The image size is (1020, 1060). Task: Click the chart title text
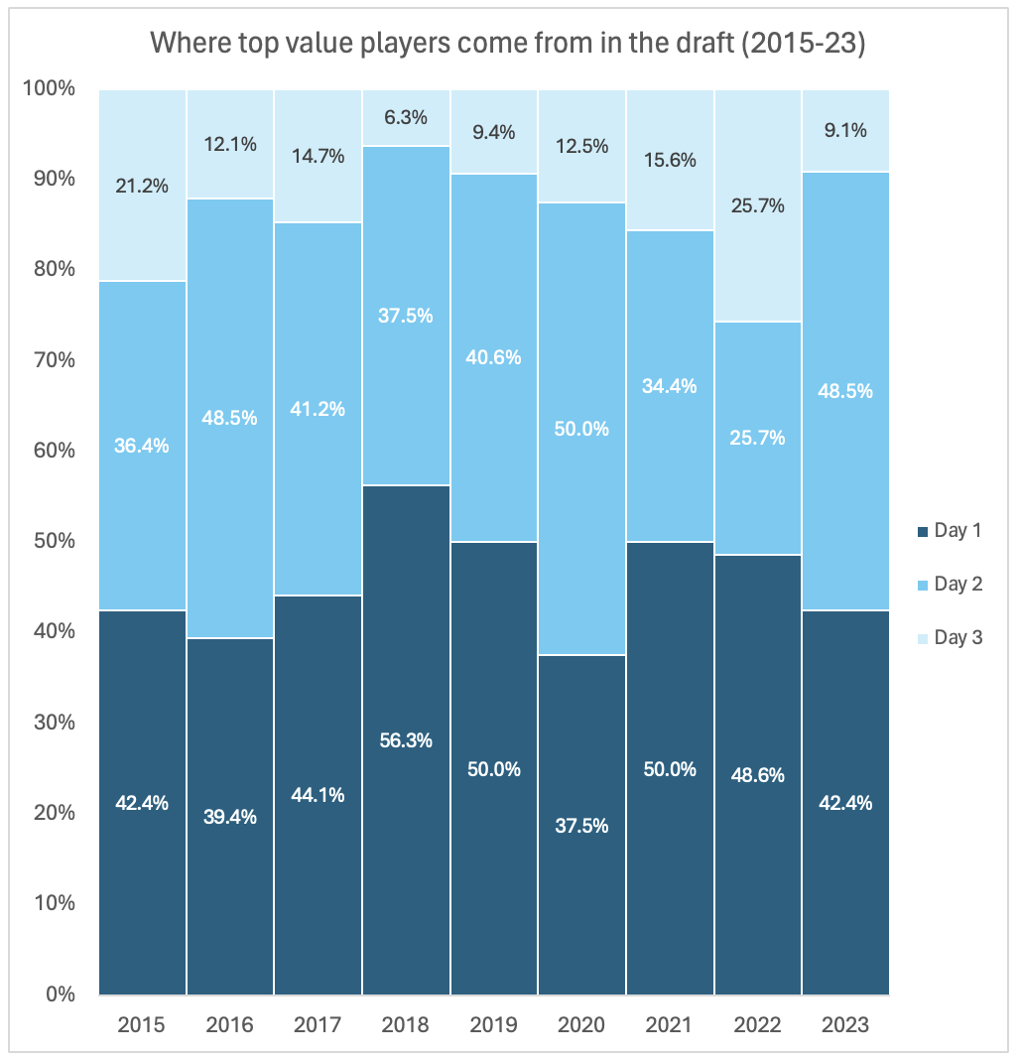point(507,45)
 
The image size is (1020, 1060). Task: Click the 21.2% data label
point(143,186)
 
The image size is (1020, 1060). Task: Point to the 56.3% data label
point(406,740)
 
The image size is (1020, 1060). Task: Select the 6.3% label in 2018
point(406,117)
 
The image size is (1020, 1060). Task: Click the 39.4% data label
point(230,817)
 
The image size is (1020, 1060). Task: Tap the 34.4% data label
point(670,386)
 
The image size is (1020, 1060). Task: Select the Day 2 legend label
point(958,585)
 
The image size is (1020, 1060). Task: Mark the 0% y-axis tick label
point(61,994)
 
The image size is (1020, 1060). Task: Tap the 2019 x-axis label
point(494,1025)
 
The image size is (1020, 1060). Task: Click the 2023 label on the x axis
point(845,1025)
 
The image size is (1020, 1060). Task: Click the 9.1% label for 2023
point(845,130)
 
